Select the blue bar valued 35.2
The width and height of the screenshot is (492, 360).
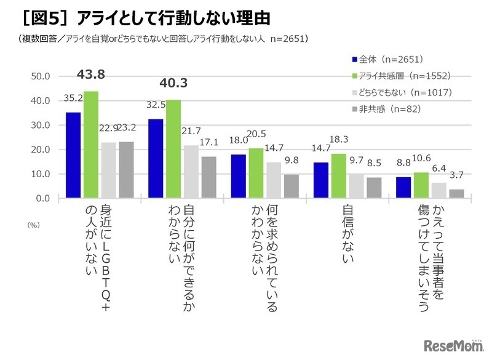(73, 155)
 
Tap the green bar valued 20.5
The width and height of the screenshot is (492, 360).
(256, 173)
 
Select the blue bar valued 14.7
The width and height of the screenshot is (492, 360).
(320, 180)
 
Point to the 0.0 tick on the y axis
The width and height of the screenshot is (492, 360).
(43, 198)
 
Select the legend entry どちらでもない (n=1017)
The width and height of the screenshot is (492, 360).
(403, 92)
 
